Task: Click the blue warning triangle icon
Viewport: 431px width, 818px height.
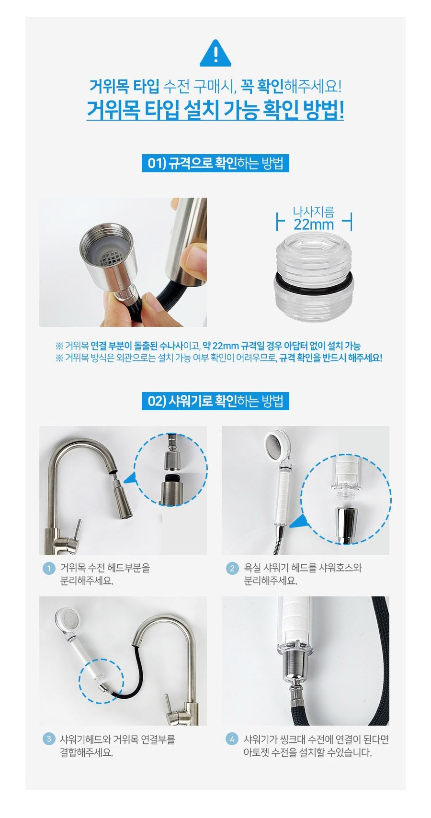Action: point(215,53)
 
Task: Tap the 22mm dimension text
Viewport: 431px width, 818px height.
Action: point(314,224)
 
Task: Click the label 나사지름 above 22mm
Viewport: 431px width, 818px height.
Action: point(314,211)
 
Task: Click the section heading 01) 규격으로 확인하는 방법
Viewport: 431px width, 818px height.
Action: point(215,163)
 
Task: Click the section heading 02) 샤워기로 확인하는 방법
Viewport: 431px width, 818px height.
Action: point(215,401)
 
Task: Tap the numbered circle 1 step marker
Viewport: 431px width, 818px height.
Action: point(49,569)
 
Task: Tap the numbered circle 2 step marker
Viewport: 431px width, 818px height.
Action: point(232,569)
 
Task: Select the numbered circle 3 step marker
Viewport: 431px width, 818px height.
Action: point(49,739)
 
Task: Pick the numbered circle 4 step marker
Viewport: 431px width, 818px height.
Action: point(232,739)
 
